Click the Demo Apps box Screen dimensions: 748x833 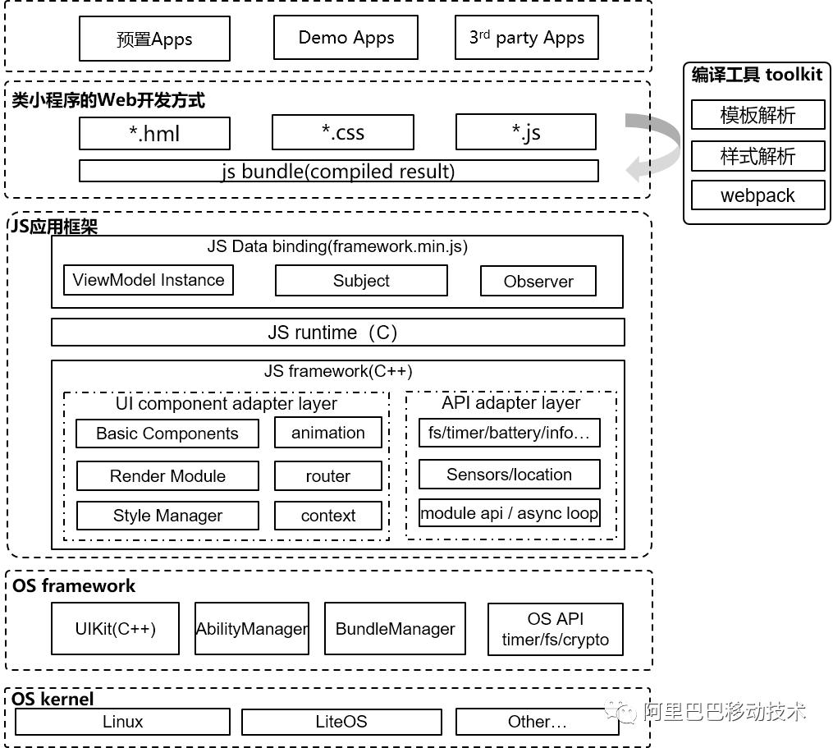[346, 38]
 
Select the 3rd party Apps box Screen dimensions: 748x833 [526, 38]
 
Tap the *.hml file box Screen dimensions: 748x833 [154, 133]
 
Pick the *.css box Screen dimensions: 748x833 [342, 133]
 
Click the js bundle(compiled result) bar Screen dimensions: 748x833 [338, 171]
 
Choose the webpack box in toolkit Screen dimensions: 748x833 [757, 195]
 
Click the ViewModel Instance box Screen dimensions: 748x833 [149, 280]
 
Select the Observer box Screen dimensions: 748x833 [538, 281]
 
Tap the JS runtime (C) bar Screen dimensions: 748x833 [337, 333]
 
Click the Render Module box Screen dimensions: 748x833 [167, 475]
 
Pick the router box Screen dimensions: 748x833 [327, 476]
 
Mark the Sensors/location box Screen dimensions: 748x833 [509, 475]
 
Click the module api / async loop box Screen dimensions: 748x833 [509, 514]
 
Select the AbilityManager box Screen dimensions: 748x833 [252, 629]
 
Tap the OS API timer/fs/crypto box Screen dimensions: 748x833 [556, 629]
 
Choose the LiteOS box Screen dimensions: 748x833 [341, 722]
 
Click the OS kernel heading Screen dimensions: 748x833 [53, 699]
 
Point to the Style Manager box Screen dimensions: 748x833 [167, 516]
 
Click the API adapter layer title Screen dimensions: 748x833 [510, 403]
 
